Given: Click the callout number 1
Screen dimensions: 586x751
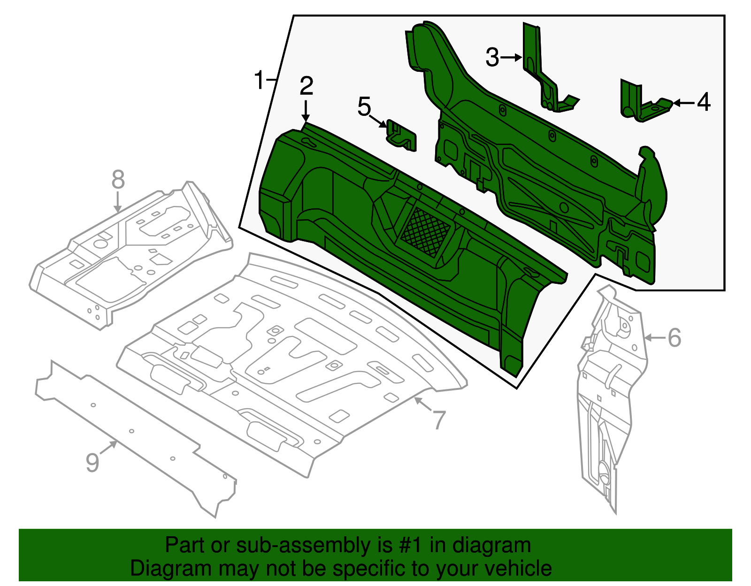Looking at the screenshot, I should [x=260, y=80].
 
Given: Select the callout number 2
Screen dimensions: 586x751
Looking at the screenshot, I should [x=306, y=86].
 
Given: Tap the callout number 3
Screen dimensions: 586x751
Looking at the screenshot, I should [x=492, y=58].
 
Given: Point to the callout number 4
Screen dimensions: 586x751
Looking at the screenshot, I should [x=704, y=102].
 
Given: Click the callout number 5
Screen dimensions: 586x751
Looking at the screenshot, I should [x=364, y=107].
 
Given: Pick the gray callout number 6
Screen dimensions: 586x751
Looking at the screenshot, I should [x=674, y=338].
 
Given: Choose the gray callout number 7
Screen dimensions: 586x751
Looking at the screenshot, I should [x=439, y=419].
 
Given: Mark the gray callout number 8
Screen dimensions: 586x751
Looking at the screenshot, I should [x=118, y=180].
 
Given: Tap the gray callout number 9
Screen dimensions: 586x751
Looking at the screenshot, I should [x=92, y=462].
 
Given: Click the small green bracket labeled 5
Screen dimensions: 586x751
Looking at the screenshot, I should [x=402, y=137].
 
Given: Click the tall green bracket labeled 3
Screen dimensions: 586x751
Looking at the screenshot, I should [x=540, y=70].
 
